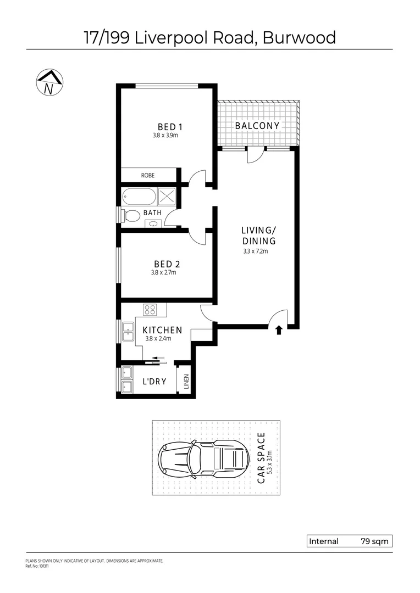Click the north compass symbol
pos(49,83)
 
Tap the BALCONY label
pos(257,126)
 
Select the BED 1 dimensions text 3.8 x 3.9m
pos(165,135)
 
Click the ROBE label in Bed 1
pos(147,175)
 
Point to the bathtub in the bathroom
pos(139,196)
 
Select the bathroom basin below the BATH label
pos(153,223)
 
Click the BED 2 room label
pos(165,264)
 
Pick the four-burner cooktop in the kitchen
pos(150,310)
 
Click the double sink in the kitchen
pos(128,332)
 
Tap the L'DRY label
pos(154,382)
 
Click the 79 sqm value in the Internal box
pos(374,541)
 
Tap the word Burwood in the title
pos(299,37)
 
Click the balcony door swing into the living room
pos(255,156)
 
